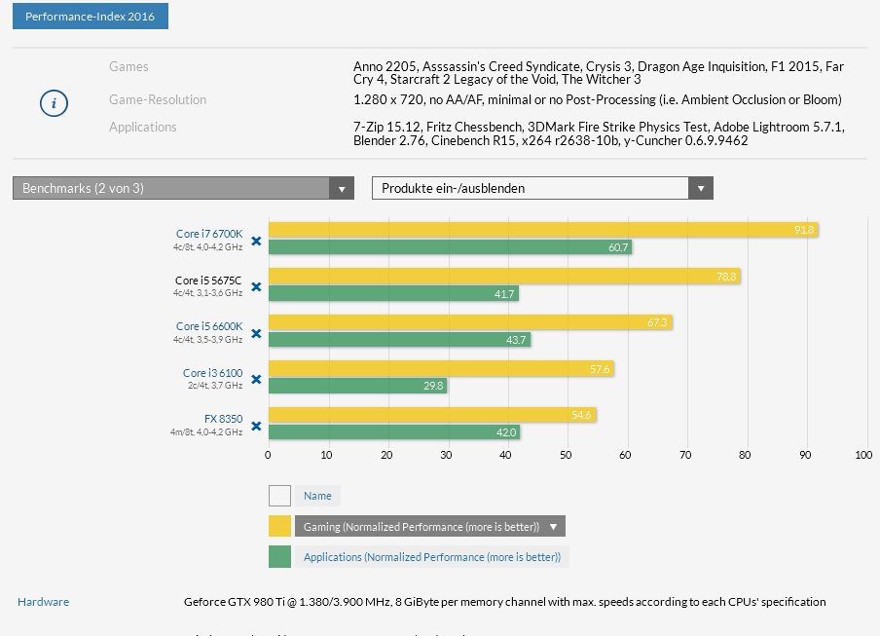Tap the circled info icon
[x=54, y=103]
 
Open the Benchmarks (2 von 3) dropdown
[x=183, y=188]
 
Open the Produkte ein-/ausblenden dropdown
[x=542, y=188]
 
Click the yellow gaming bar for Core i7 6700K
[x=542, y=230]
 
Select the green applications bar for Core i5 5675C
[x=393, y=293]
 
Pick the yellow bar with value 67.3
[x=470, y=322]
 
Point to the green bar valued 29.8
[x=357, y=386]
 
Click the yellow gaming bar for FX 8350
[x=432, y=415]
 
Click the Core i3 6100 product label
[x=212, y=373]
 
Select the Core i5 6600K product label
[x=208, y=326]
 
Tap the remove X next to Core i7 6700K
[x=256, y=241]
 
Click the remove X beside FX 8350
[x=256, y=426]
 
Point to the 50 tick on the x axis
[x=567, y=454]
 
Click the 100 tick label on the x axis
[x=863, y=454]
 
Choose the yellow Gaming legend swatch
[x=280, y=527]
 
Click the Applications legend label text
[x=431, y=557]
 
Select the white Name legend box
[x=280, y=496]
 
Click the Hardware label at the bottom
[x=43, y=602]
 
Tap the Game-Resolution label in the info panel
[x=158, y=99]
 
